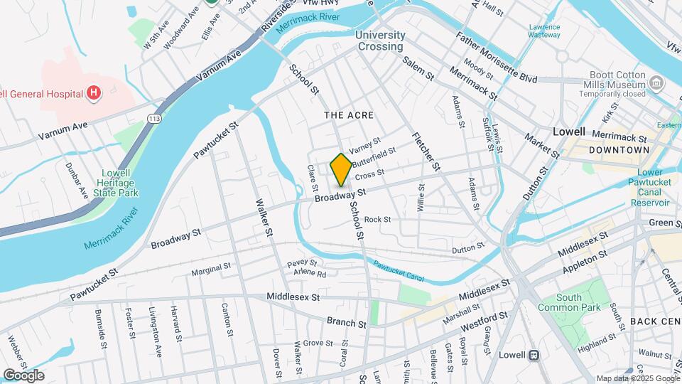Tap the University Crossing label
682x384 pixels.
point(380,41)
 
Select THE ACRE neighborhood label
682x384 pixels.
point(348,115)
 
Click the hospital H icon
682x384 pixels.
point(92,92)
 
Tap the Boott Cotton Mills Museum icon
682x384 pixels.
point(656,84)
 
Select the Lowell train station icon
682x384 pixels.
point(534,355)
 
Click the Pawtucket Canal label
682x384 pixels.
point(399,272)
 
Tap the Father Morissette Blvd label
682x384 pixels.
point(497,58)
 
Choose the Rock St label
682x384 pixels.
point(377,220)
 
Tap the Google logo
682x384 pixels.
point(23,375)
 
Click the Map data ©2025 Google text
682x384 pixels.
point(637,378)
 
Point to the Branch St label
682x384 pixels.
point(346,322)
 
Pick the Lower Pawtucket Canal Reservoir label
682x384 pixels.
point(650,186)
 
